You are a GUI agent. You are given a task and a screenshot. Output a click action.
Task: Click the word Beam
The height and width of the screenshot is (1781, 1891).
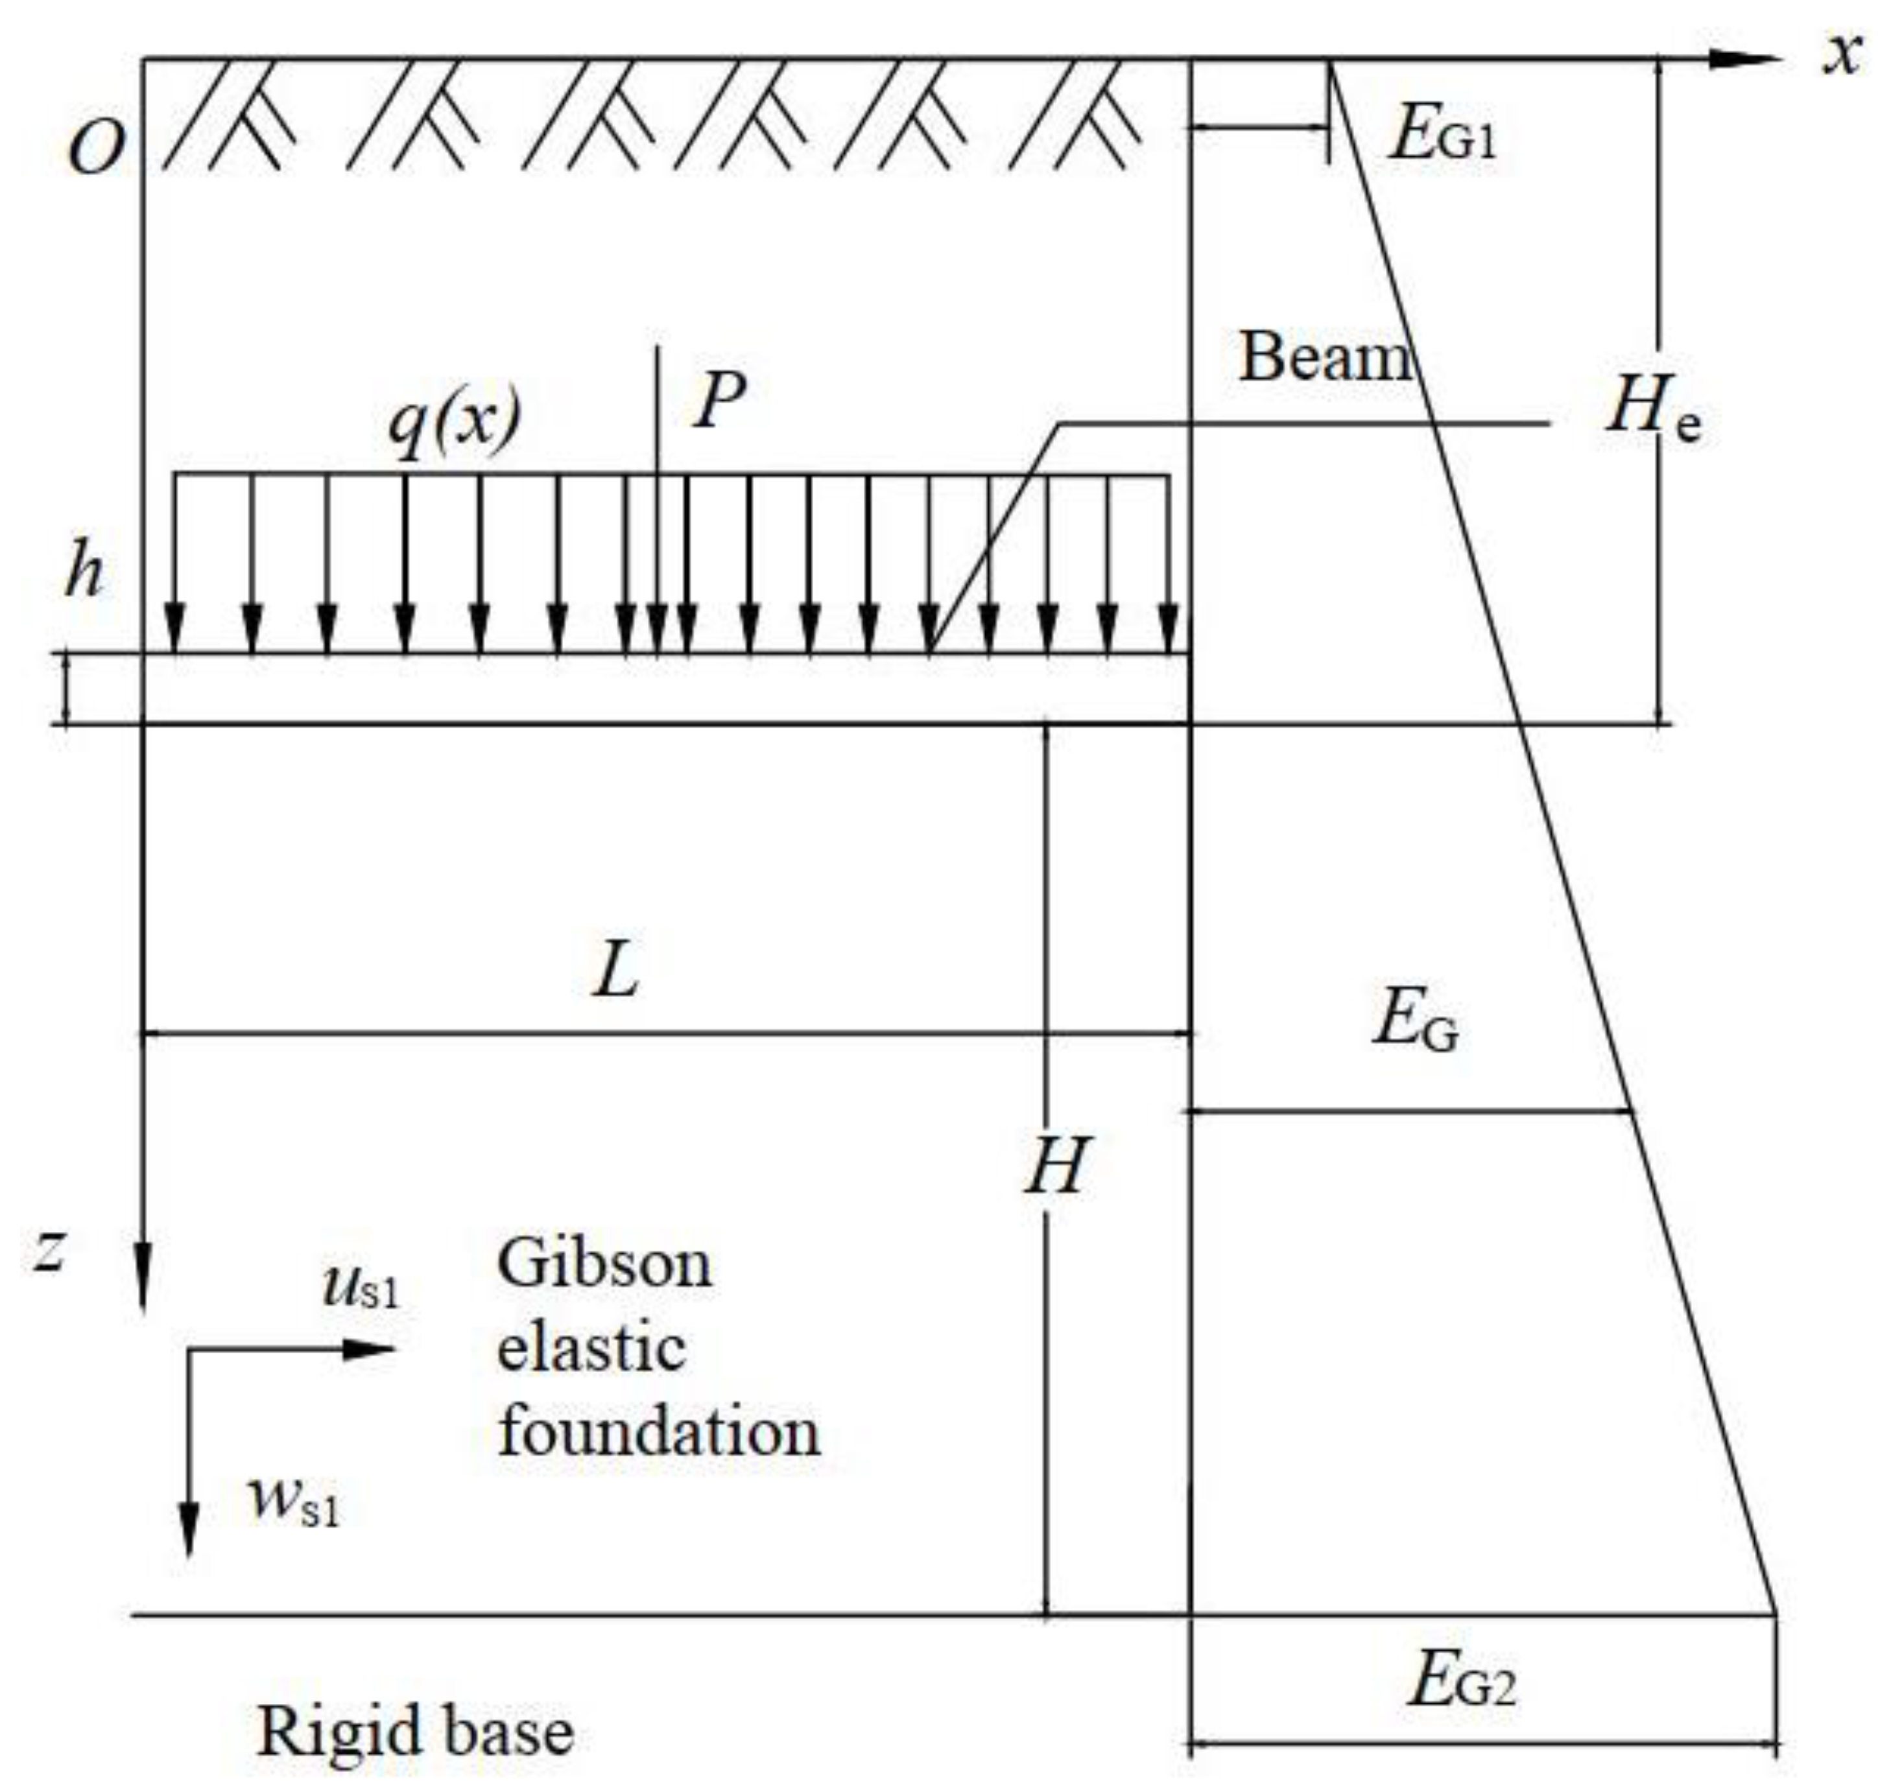click(1324, 359)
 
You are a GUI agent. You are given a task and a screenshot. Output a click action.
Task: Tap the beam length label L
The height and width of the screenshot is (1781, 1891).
click(616, 972)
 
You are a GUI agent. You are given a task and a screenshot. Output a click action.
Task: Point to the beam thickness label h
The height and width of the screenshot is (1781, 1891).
click(84, 572)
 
